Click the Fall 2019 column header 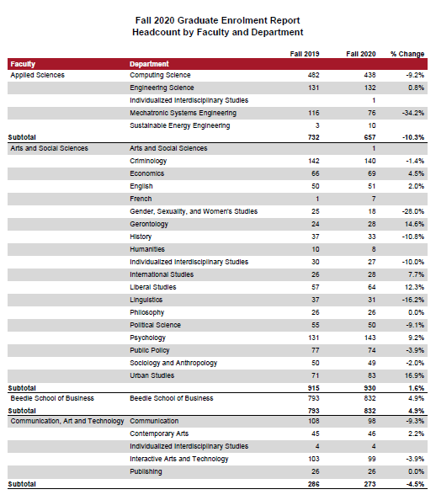[x=305, y=54]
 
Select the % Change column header [x=407, y=54]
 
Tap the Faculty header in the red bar [x=23, y=64]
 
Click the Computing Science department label [x=160, y=75]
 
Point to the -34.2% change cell [x=413, y=113]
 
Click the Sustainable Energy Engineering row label [x=179, y=125]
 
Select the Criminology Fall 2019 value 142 [x=313, y=161]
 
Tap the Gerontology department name [x=149, y=224]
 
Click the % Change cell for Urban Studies [x=414, y=375]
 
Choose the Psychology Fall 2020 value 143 [x=370, y=338]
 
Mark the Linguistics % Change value [x=413, y=300]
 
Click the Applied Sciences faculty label [x=37, y=75]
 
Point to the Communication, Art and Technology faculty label [x=67, y=421]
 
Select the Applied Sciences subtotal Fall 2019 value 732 [x=313, y=137]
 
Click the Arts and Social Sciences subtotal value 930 [x=370, y=388]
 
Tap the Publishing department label [x=146, y=471]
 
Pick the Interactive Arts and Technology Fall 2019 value [x=313, y=459]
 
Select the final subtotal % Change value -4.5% [x=415, y=484]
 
